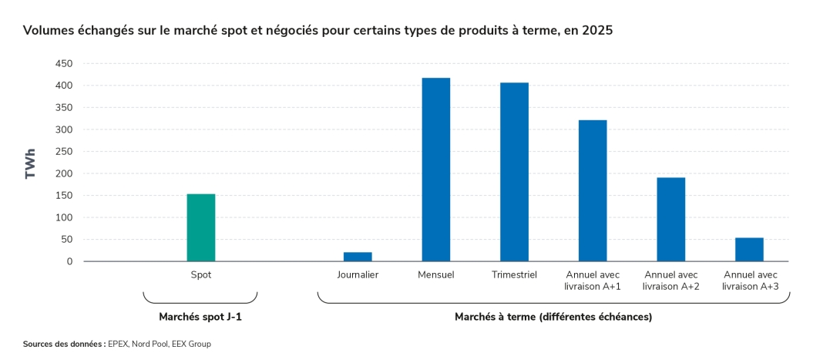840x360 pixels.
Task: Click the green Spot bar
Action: (x=201, y=227)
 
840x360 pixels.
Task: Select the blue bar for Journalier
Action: (x=358, y=257)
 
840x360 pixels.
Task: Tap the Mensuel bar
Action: (x=436, y=170)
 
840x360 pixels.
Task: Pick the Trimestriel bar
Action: (x=514, y=172)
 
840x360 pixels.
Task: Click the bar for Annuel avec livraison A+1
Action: (x=593, y=190)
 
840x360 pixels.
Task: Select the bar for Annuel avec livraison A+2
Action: (x=670, y=220)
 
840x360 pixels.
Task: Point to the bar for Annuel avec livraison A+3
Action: (x=749, y=250)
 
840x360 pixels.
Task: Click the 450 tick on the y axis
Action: (x=64, y=64)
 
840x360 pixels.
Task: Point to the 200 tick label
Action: (x=64, y=173)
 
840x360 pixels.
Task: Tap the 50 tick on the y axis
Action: (x=67, y=240)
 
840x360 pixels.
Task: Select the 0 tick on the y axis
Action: (x=69, y=261)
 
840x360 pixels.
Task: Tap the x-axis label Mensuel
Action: (x=436, y=275)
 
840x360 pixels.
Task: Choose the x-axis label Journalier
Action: (x=358, y=275)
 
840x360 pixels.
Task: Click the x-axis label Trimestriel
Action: (x=514, y=275)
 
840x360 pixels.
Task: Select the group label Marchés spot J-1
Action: (x=200, y=317)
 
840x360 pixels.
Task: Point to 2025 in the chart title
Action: (x=598, y=31)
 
